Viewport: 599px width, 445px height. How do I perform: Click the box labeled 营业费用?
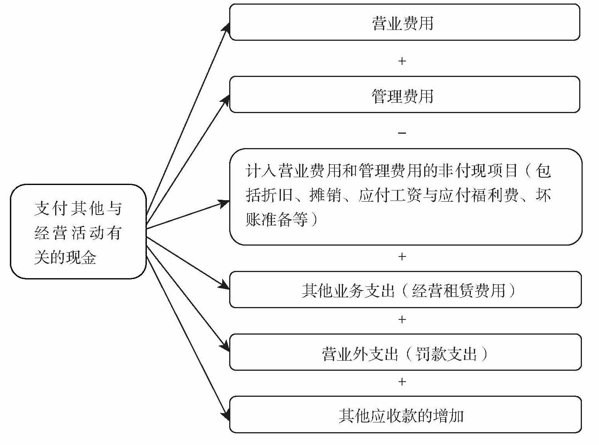click(x=404, y=23)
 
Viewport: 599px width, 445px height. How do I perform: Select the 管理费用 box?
click(x=404, y=95)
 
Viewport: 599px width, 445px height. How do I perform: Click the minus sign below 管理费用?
click(x=402, y=133)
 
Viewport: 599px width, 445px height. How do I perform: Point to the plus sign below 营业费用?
click(x=402, y=61)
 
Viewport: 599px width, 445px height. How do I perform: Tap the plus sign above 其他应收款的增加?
click(x=402, y=382)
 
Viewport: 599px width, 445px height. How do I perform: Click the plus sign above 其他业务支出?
click(x=402, y=257)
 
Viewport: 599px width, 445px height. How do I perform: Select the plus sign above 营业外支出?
click(x=402, y=319)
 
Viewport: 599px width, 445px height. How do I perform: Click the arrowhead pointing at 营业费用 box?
click(x=226, y=27)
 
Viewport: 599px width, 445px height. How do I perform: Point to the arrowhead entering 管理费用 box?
click(x=225, y=100)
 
